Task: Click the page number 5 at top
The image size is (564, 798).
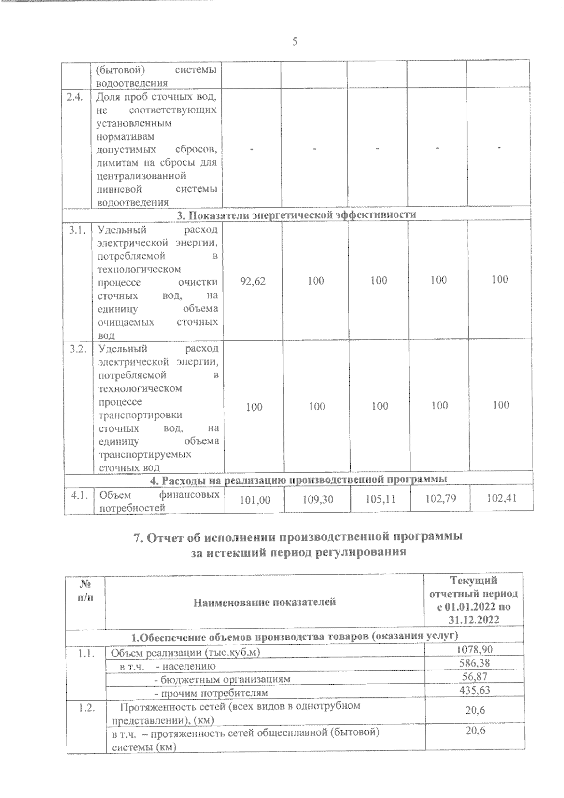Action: pos(295,42)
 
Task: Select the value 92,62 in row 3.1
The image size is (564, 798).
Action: pos(253,282)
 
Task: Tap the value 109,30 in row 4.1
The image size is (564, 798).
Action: pos(317,500)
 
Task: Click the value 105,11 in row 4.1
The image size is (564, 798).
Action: pos(380,499)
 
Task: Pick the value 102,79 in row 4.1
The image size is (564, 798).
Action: pos(439,498)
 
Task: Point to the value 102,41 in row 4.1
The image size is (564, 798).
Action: pos(501,497)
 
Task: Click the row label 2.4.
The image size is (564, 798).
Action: pos(75,97)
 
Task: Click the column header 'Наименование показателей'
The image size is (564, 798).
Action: pos(265,602)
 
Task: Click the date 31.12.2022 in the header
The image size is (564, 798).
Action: pos(473,620)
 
